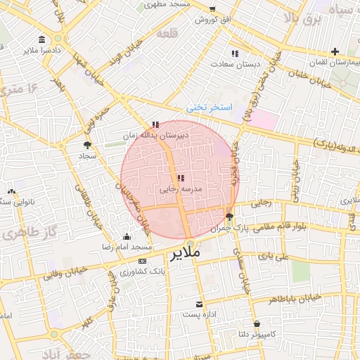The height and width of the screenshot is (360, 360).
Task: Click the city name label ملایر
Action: pos(185,252)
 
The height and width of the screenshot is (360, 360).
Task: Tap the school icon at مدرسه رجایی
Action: pos(181,179)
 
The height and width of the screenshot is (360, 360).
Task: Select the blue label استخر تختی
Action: pos(208,108)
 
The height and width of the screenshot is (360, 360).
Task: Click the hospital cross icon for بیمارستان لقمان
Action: pos(335,51)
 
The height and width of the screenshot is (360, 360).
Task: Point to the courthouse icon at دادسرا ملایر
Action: pos(44,39)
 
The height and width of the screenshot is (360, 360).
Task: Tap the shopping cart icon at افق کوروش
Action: pos(212,8)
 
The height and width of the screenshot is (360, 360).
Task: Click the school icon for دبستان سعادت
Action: pos(234,53)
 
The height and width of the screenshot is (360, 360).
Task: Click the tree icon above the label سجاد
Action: pos(87,144)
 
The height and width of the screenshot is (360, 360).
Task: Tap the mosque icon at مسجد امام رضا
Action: pos(127,237)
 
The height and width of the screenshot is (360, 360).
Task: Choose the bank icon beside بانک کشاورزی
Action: pos(143,261)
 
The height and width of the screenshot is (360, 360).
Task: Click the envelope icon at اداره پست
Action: pos(200,303)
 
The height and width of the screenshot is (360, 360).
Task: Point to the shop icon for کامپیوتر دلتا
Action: pos(257,324)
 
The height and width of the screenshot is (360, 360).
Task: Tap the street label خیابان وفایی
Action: pos(65,273)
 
